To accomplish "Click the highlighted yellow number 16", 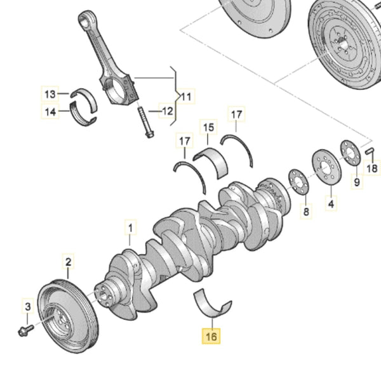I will click(x=210, y=336).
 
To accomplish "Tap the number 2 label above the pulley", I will click(x=68, y=261).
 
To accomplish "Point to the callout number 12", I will click(x=166, y=112).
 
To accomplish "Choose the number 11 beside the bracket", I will click(x=185, y=97).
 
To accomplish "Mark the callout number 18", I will click(x=372, y=169).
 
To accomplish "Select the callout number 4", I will click(x=331, y=204).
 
